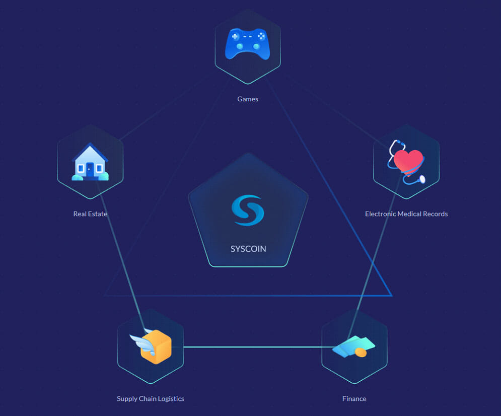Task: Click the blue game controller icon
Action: tap(248, 44)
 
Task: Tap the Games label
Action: tap(248, 99)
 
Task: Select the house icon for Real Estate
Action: tap(90, 162)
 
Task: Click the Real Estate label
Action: tap(90, 214)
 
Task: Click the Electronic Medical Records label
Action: tap(406, 214)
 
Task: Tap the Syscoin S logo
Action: tap(248, 210)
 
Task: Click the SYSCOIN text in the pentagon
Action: tap(248, 249)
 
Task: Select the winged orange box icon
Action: tap(151, 346)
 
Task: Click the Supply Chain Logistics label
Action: tap(151, 399)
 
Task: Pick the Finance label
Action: tap(354, 399)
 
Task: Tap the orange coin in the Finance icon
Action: tap(361, 353)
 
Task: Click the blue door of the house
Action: tap(90, 170)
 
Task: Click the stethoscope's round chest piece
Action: tap(422, 179)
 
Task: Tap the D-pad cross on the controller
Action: tap(235, 36)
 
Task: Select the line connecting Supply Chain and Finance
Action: tap(259, 346)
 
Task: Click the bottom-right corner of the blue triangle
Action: tap(392, 296)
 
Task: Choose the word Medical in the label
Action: tap(409, 214)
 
